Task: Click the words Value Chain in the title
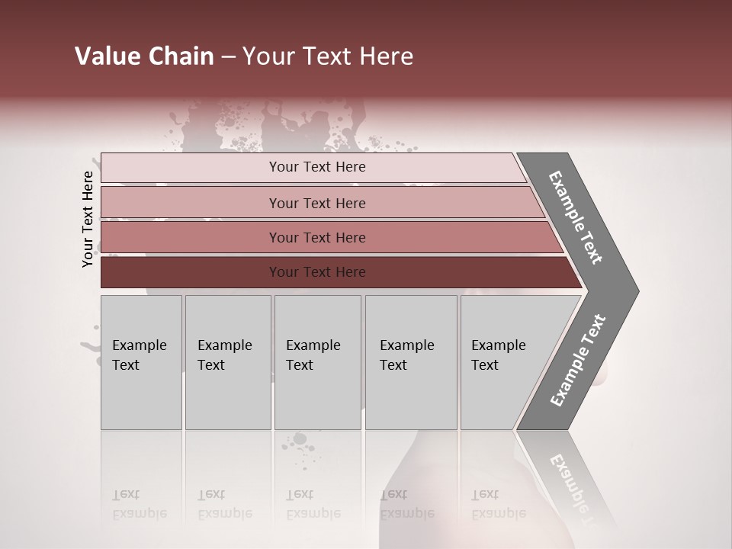click(144, 56)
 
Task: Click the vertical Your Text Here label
click(88, 219)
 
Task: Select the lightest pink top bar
click(191, 168)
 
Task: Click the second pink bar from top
click(191, 203)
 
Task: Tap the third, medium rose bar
click(191, 237)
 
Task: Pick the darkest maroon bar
click(191, 272)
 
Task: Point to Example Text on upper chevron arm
click(576, 217)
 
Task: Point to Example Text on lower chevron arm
click(578, 361)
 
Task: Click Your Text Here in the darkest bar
click(317, 272)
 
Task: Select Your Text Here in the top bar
click(317, 167)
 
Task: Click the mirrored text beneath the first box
click(140, 504)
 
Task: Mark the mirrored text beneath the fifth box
click(498, 504)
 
